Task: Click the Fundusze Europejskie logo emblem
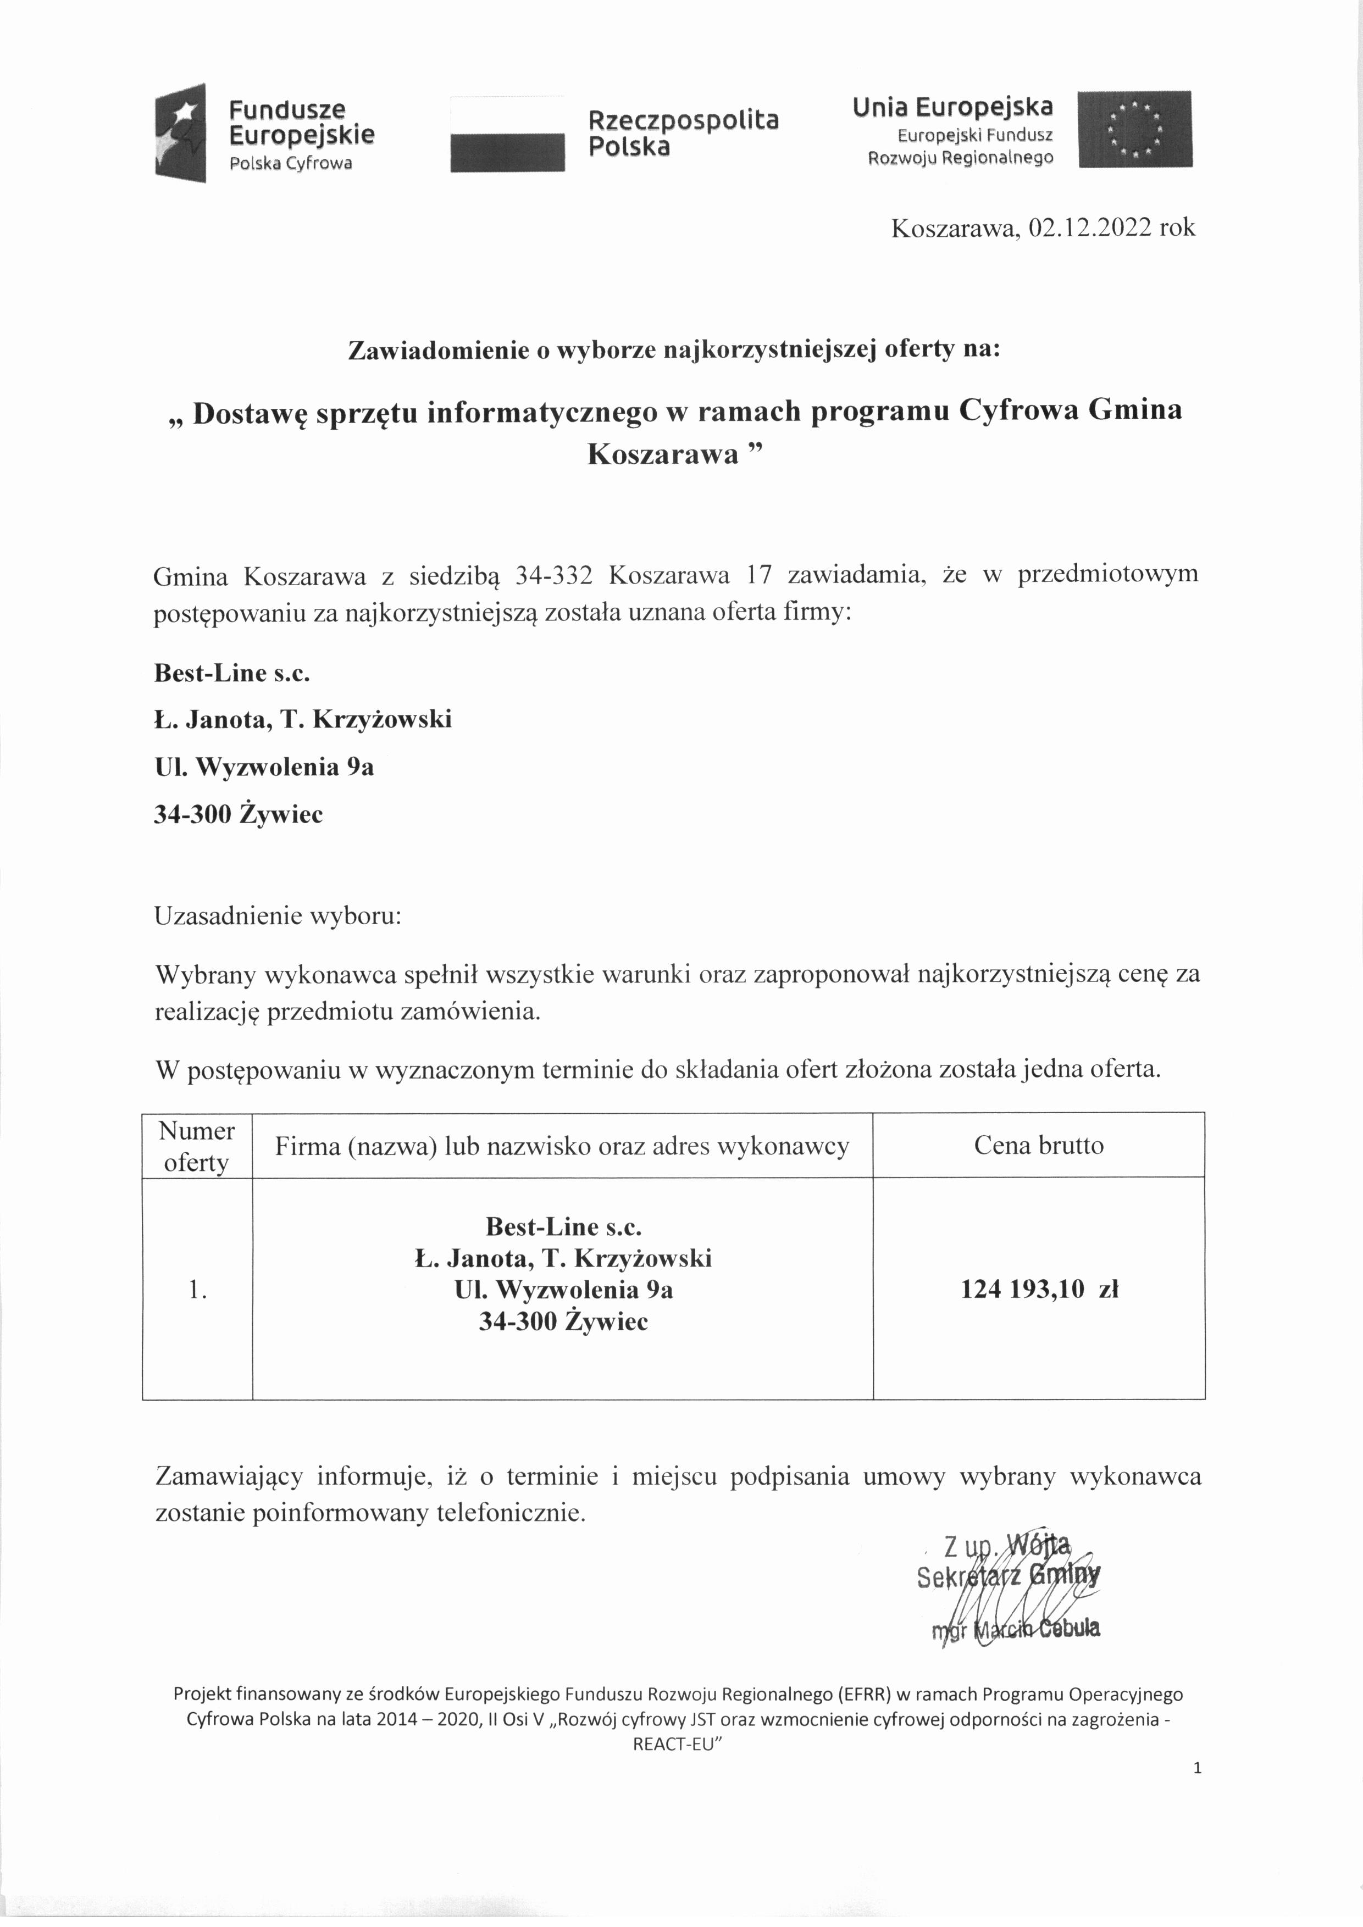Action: pyautogui.click(x=180, y=132)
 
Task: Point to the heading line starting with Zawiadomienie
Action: pyautogui.click(x=674, y=350)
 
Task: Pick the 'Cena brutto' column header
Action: pyautogui.click(x=1038, y=1146)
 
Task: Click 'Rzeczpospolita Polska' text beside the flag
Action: pyautogui.click(x=683, y=132)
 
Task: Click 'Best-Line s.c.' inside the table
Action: pyautogui.click(x=563, y=1227)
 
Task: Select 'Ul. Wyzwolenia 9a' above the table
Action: pyautogui.click(x=264, y=767)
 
